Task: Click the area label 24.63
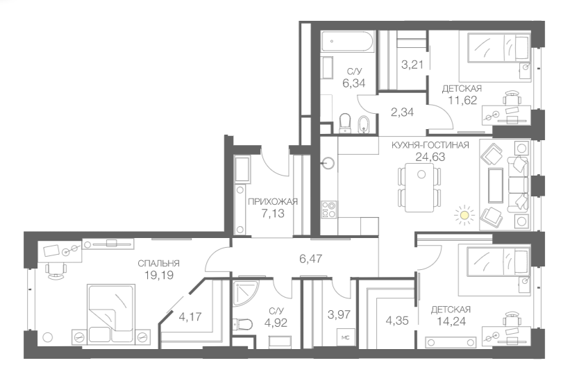[430, 157]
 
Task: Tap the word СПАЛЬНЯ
[159, 263]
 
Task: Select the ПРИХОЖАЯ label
[272, 201]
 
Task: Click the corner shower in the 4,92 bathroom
[246, 294]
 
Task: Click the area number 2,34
[402, 112]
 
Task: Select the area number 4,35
[396, 321]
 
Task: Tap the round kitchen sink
[328, 164]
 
